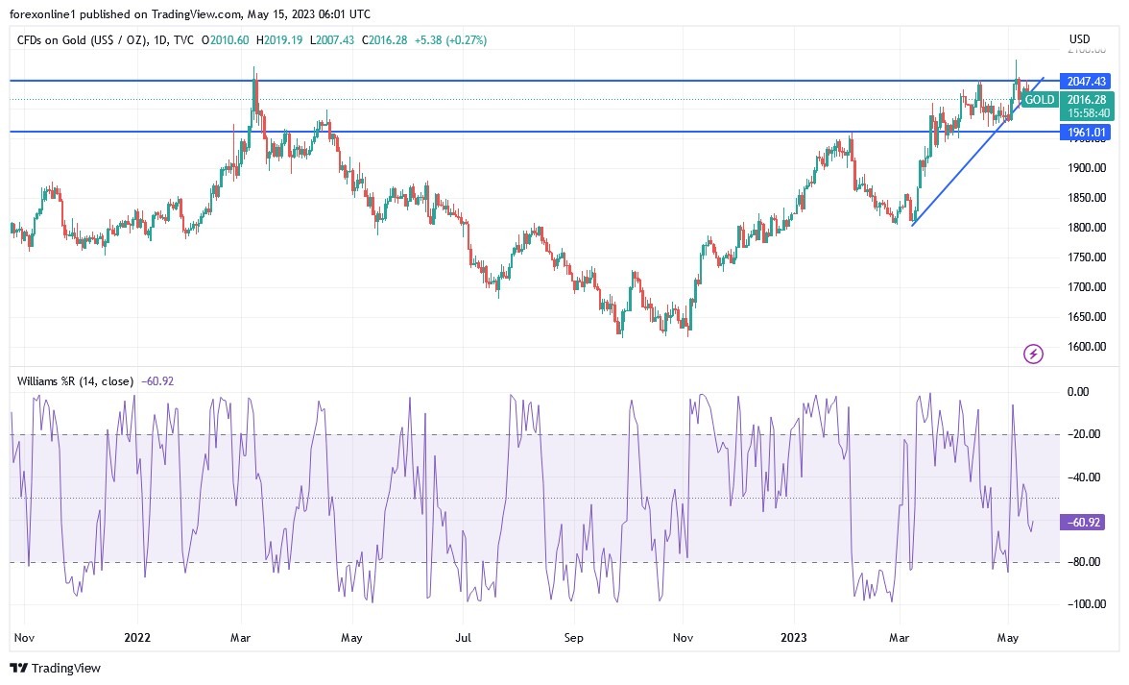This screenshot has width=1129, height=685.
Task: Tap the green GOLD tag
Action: [x=1040, y=100]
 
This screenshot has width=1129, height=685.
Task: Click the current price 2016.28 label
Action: [x=1086, y=99]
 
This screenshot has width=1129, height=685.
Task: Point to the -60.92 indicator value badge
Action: [x=1084, y=523]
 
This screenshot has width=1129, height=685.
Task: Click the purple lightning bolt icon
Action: [x=1033, y=355]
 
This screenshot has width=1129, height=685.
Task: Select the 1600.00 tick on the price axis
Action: [x=1088, y=347]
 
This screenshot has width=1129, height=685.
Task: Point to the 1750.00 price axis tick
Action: [x=1088, y=257]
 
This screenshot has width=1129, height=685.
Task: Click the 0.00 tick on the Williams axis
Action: [x=1079, y=392]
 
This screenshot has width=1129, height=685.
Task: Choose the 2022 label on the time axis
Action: [x=137, y=636]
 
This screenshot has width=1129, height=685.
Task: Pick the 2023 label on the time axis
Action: [x=794, y=636]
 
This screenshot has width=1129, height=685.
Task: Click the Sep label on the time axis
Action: [x=573, y=636]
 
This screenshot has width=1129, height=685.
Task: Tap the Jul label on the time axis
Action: [x=464, y=636]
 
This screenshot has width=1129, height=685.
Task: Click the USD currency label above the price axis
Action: [x=1079, y=39]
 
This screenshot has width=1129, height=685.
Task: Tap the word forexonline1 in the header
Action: [x=44, y=13]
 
